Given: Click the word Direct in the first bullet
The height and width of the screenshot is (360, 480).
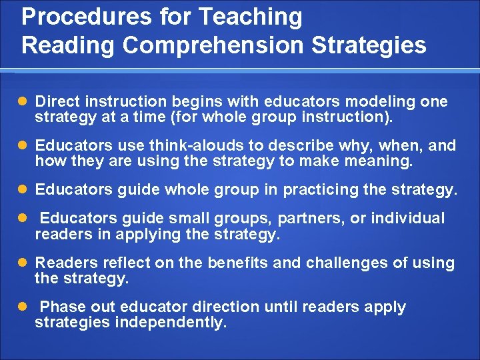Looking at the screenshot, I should (x=55, y=102).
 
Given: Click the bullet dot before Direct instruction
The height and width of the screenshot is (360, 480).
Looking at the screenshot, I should (x=24, y=103).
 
